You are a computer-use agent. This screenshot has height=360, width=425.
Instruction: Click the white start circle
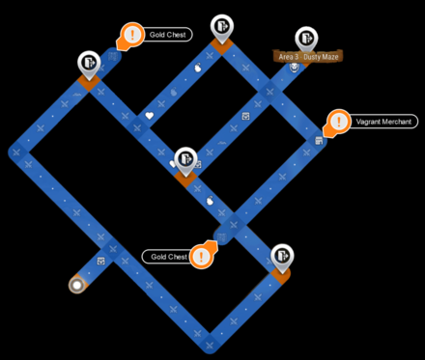[x=77, y=285]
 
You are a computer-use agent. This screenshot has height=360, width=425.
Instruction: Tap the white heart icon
[x=149, y=116]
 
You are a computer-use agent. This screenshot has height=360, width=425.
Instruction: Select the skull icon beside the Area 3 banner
[x=294, y=67]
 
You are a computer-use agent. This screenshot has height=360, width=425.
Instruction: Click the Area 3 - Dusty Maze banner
[x=308, y=57]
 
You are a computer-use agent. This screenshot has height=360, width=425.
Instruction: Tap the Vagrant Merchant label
[x=383, y=122]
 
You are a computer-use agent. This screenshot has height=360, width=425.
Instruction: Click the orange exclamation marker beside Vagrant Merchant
[x=338, y=123]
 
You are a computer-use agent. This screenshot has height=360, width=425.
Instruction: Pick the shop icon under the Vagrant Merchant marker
[x=319, y=141]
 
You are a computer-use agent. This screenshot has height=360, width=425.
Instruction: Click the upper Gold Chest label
[x=168, y=35]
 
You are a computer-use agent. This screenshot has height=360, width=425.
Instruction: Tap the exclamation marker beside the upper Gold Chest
[x=131, y=35]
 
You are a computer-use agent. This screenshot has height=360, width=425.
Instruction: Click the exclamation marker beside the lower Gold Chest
[x=202, y=256]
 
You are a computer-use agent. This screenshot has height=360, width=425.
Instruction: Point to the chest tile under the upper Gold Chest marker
[x=113, y=57]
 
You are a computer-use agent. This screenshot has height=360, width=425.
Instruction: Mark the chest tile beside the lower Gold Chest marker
[x=221, y=237]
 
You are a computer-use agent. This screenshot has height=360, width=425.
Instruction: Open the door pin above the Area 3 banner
[x=306, y=39]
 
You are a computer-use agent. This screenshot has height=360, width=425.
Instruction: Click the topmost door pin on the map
[x=222, y=27]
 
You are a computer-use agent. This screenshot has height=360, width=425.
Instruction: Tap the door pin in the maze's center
[x=185, y=160]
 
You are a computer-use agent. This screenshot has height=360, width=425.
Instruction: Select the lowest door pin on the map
[x=282, y=257]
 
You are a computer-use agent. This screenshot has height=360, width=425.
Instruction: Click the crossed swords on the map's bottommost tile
[x=210, y=346]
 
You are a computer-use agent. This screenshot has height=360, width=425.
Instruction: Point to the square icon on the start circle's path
[x=101, y=261]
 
